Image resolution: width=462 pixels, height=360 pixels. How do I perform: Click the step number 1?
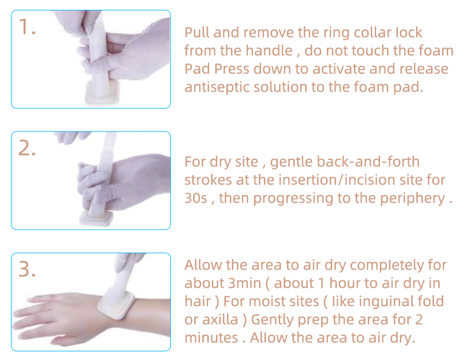[27, 27]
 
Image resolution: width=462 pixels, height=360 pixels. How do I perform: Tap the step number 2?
[27, 148]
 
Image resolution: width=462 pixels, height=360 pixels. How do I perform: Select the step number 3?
[27, 269]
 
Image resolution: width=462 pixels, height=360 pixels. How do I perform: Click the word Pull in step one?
[196, 32]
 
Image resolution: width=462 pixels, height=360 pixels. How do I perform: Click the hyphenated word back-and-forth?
[345, 162]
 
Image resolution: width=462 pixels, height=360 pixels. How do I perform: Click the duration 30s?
[196, 198]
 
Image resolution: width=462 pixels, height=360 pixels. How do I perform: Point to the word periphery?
[412, 198]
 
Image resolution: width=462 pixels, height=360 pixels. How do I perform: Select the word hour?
[345, 283]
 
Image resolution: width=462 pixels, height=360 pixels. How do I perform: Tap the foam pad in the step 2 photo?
[96, 218]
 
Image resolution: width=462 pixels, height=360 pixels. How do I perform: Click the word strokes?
[208, 180]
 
